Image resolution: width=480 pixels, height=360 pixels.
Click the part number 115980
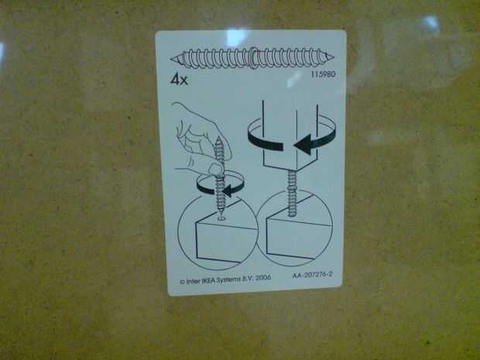click(x=324, y=74)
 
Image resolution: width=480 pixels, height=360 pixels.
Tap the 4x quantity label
click(x=179, y=80)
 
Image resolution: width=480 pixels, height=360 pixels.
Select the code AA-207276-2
click(x=312, y=275)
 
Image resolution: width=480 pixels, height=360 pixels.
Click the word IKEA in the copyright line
click(x=208, y=280)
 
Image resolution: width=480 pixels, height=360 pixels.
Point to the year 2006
click(x=263, y=278)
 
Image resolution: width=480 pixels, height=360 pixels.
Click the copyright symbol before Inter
click(x=183, y=282)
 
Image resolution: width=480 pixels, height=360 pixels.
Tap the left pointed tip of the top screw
click(x=171, y=59)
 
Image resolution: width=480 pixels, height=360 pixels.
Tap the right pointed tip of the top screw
click(x=333, y=57)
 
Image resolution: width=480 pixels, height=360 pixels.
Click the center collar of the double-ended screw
click(x=253, y=57)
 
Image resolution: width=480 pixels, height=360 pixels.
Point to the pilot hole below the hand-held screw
click(x=221, y=218)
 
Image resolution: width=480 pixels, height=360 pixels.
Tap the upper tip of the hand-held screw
click(x=219, y=138)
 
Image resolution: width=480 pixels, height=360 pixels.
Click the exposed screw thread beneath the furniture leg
click(x=292, y=193)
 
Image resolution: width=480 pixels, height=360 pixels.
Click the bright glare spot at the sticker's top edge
click(x=236, y=37)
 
